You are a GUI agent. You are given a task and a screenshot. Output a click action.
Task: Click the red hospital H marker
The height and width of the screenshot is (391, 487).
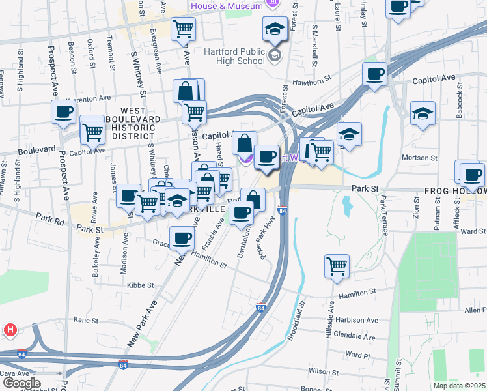click(9, 330)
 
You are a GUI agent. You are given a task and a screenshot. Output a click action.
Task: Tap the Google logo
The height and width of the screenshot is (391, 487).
click(21, 383)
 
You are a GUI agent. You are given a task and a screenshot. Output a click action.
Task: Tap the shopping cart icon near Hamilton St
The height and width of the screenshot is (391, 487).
click(337, 265)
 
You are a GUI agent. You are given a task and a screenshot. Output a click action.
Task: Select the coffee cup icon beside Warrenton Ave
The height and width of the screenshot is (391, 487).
click(64, 111)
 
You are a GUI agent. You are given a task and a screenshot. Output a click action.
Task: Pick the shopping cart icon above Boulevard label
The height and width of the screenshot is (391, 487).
click(92, 132)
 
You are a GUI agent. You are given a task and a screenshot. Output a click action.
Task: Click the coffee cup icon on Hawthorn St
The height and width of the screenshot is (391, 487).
click(374, 74)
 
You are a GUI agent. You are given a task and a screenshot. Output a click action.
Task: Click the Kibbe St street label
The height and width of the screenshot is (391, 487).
click(140, 285)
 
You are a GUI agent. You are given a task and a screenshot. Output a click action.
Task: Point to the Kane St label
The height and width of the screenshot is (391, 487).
click(85, 320)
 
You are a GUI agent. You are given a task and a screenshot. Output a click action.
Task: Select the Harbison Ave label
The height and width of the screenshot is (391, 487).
click(357, 321)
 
